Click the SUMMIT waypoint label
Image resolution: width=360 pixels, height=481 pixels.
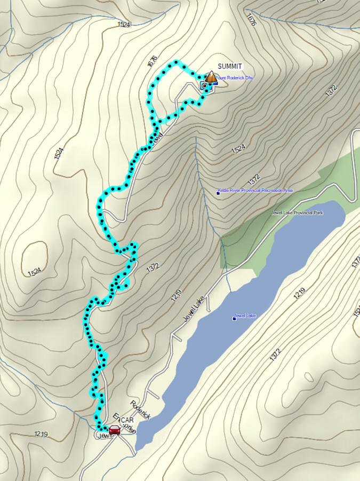(230, 66)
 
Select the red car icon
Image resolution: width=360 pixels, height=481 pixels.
(114, 430)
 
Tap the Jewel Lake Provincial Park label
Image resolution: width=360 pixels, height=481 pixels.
(297, 212)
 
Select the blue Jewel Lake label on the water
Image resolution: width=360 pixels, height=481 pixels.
(247, 316)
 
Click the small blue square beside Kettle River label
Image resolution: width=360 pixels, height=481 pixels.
(218, 193)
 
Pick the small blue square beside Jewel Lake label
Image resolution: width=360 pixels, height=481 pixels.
(234, 319)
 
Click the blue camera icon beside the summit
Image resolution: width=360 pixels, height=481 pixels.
(204, 85)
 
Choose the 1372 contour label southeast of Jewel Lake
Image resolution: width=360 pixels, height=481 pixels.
(275, 356)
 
